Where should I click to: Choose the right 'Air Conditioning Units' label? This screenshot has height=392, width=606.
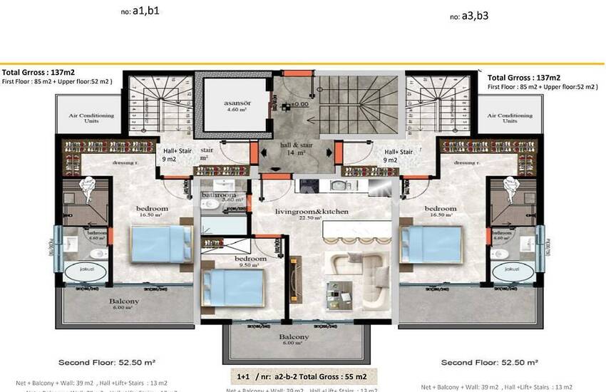(x=510, y=118)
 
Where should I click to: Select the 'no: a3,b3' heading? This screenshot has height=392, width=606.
(x=470, y=16)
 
